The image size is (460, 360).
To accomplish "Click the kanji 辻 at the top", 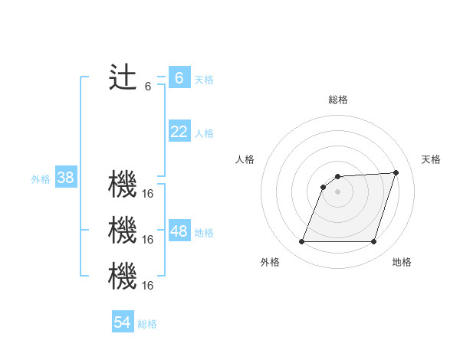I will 123,77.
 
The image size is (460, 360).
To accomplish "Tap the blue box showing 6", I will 179,77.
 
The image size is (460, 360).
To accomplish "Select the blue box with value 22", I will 179,132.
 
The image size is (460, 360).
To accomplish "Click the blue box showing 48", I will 179,231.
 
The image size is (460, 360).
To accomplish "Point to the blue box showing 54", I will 123,322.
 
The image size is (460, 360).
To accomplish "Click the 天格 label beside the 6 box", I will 204,80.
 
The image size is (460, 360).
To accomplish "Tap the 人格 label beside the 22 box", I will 204,133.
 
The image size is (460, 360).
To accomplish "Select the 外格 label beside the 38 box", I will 41,179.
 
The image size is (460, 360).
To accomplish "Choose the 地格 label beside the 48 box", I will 204,233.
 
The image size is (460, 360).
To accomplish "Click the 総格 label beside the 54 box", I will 147,324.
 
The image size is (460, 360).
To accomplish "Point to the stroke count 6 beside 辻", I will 148,87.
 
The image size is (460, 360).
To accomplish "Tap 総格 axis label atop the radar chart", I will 337,100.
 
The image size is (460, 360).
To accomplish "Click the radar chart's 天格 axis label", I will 431,159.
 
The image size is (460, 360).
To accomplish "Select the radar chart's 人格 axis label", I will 245,159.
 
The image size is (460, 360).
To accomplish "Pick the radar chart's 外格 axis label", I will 270,262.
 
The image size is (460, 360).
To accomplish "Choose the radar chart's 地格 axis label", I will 402,262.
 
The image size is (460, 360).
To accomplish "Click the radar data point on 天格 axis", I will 396,172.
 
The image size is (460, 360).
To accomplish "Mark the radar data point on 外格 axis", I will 301,242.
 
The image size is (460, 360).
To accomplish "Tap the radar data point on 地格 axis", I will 373,242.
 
